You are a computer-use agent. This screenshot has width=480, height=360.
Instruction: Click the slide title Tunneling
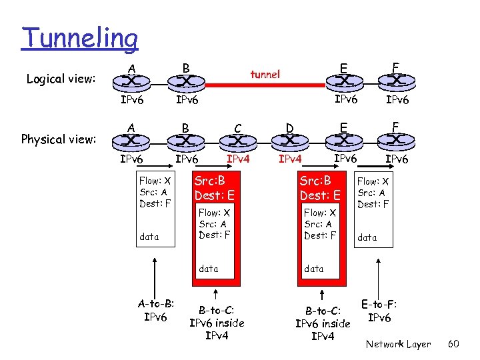coord(79,38)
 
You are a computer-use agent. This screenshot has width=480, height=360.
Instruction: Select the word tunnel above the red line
coord(265,74)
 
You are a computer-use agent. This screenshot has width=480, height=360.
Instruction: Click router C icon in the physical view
coord(237,141)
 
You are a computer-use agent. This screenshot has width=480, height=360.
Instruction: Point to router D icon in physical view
coord(290,141)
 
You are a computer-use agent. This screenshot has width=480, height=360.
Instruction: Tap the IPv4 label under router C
coord(238,159)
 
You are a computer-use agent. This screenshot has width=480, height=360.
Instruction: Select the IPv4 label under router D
coord(290,159)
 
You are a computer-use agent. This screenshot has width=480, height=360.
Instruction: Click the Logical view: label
coord(61,79)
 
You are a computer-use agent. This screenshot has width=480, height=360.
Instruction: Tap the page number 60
coord(453,344)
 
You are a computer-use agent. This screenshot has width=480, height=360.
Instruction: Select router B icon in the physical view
coord(185,141)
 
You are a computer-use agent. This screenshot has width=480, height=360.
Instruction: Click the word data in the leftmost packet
coord(149,237)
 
